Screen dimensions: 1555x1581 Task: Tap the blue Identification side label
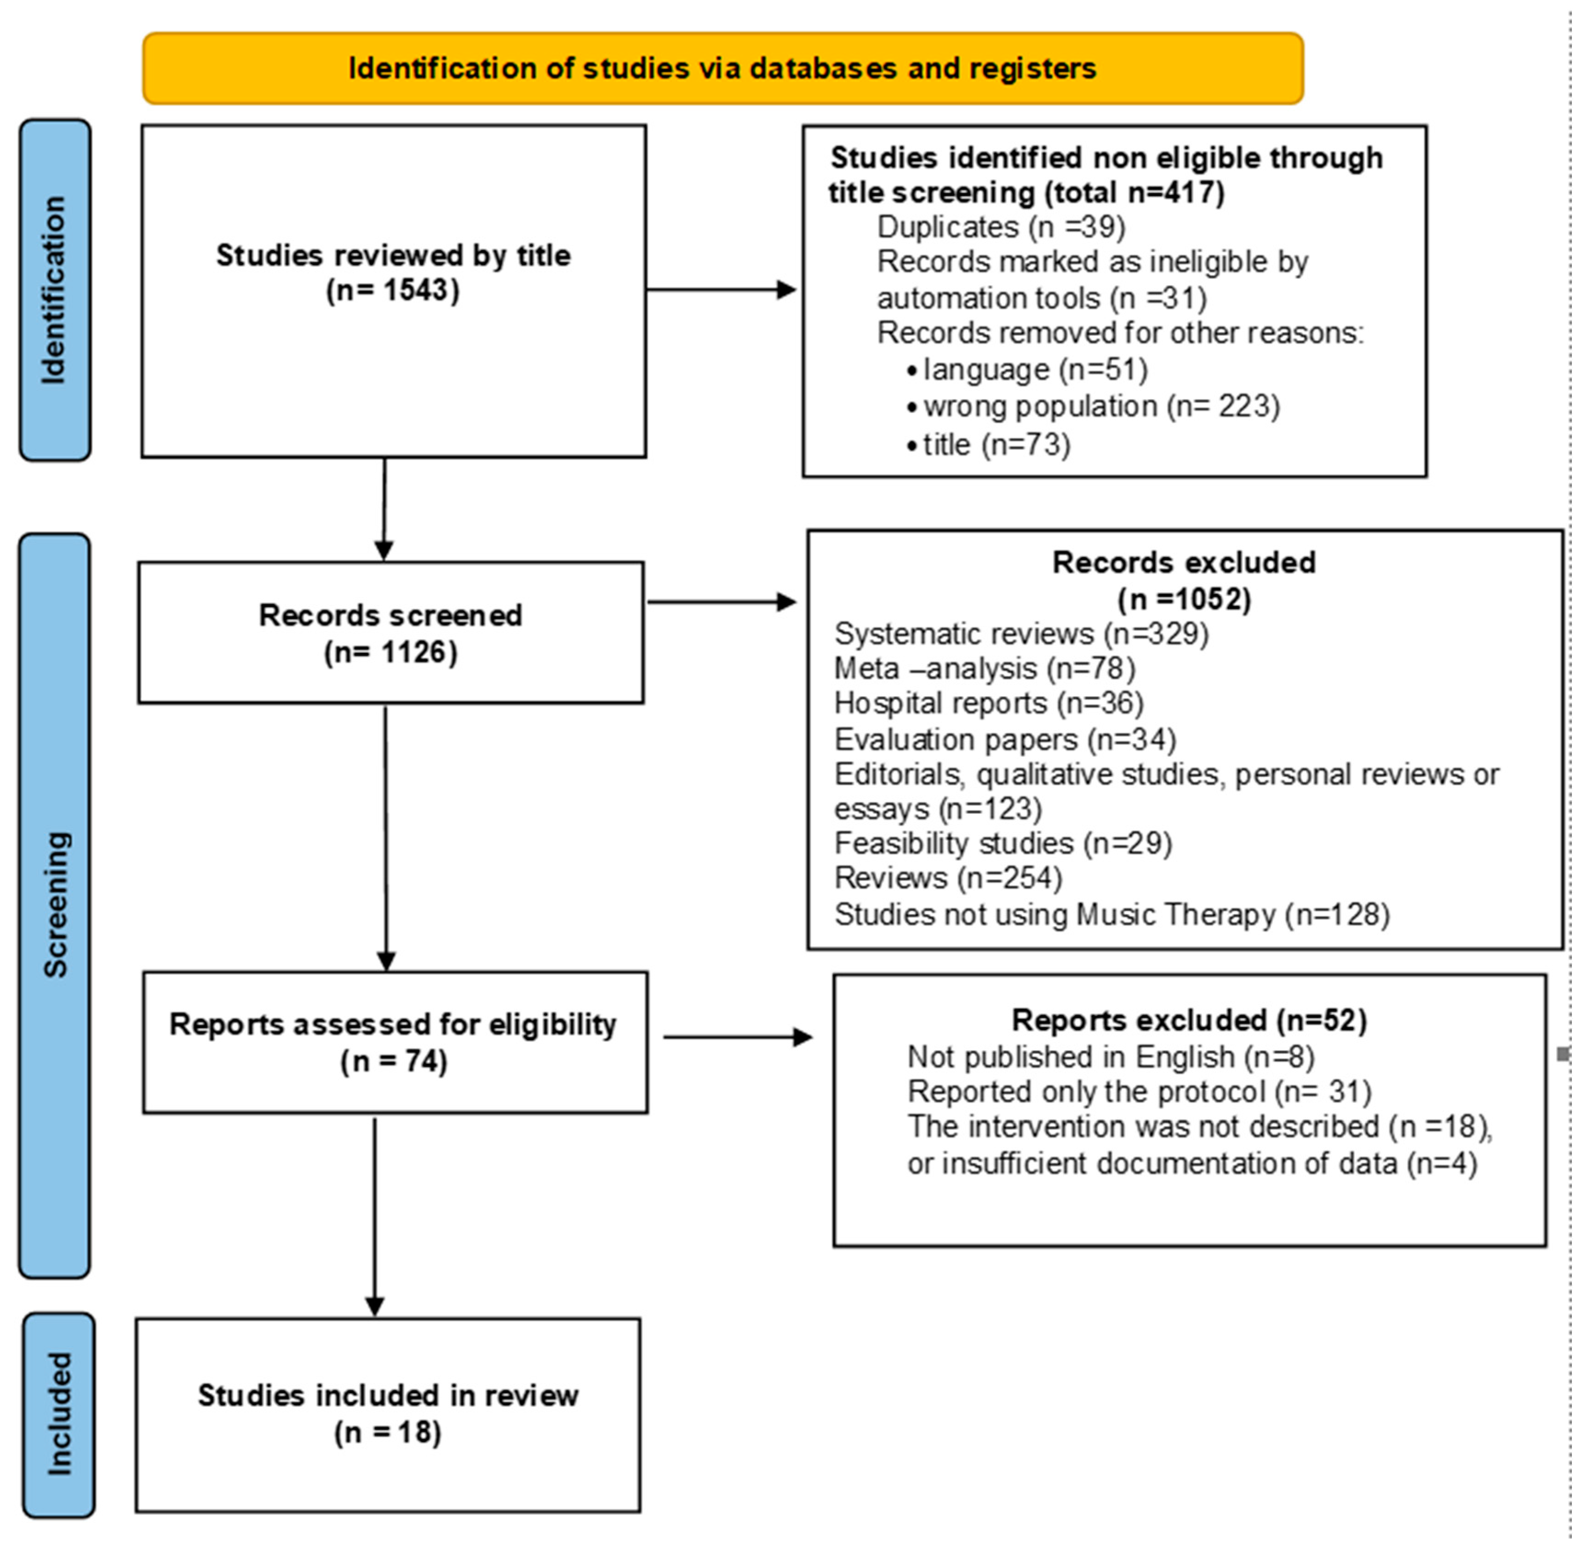point(55,290)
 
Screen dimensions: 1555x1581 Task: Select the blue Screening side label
point(55,905)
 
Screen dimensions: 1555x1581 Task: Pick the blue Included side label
point(58,1414)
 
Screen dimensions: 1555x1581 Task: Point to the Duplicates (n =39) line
point(1000,227)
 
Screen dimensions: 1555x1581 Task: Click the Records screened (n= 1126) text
point(390,634)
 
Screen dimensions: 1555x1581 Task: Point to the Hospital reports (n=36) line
point(988,703)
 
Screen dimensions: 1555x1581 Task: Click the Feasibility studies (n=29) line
point(1002,843)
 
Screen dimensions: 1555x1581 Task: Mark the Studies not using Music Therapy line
point(1111,914)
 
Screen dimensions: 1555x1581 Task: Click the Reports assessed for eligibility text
point(393,1025)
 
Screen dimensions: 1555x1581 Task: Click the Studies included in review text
point(388,1396)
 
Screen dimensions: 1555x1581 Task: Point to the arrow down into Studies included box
point(375,1217)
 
